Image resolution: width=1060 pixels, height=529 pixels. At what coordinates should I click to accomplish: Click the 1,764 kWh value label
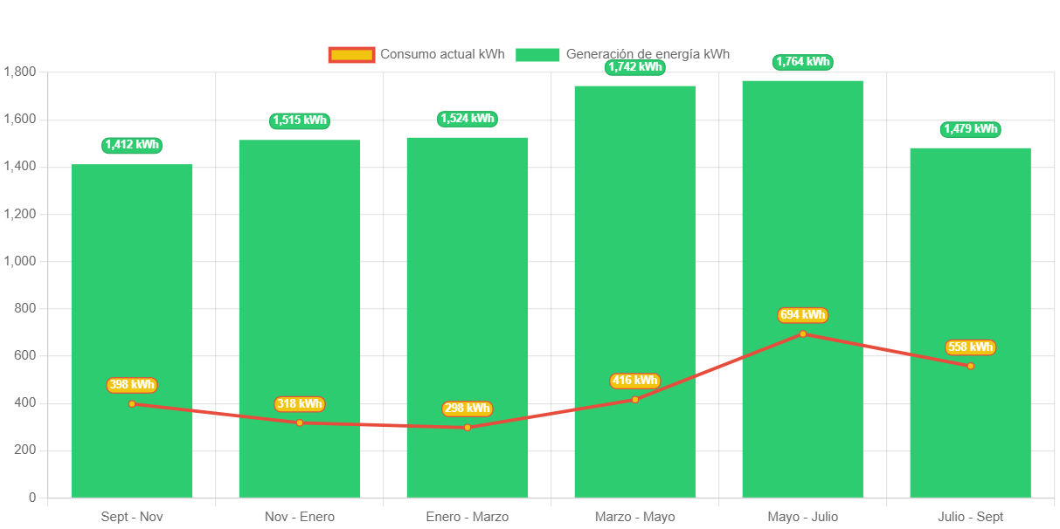(x=802, y=62)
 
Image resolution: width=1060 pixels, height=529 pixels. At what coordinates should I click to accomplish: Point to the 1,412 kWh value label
(x=132, y=145)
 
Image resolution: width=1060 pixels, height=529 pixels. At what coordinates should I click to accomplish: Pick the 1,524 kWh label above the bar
(x=468, y=119)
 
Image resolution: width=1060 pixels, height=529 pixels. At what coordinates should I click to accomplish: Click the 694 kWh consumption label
(x=802, y=315)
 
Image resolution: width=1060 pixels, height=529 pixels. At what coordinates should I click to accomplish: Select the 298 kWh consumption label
(x=468, y=409)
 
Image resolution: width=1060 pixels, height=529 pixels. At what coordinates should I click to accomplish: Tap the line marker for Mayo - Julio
(x=802, y=334)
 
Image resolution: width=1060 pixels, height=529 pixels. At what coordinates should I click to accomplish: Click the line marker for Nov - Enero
(x=300, y=423)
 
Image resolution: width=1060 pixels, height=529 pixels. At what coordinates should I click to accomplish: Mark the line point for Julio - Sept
(x=970, y=366)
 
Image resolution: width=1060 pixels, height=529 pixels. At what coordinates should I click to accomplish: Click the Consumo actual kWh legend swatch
(x=351, y=54)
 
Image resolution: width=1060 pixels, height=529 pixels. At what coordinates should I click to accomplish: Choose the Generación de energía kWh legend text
(x=648, y=54)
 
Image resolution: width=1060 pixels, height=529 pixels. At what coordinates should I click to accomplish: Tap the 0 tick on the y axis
(x=32, y=498)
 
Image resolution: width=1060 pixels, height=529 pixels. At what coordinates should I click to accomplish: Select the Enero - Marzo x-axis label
(x=468, y=517)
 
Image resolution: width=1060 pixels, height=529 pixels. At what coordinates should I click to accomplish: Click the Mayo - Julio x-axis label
(x=802, y=517)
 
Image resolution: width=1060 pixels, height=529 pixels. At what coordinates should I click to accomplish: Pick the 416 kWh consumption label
(x=634, y=381)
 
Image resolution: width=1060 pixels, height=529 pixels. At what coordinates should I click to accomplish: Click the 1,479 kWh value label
(x=970, y=129)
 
